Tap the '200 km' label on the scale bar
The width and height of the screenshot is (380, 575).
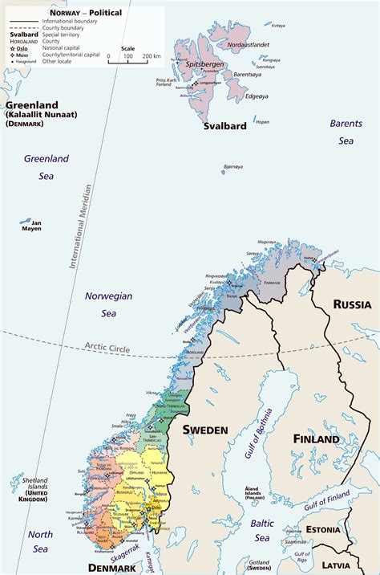tap(152, 57)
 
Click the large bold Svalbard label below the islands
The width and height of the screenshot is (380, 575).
tap(224, 126)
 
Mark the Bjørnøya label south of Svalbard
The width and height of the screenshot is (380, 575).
tap(233, 166)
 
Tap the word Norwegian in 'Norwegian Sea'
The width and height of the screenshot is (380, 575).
tap(108, 296)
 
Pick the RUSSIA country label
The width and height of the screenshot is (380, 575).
tap(352, 304)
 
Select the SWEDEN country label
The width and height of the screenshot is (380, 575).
tap(205, 430)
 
